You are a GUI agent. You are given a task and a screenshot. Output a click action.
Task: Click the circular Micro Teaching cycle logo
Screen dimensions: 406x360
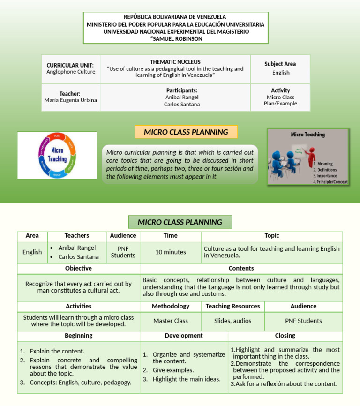tap(57, 155)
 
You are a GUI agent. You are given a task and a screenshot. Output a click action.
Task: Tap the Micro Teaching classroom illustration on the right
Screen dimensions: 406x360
tap(308, 157)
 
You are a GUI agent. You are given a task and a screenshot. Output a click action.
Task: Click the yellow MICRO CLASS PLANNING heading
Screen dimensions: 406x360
tap(186, 132)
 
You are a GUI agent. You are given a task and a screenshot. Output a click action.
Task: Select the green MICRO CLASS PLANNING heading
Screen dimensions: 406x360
tap(180, 222)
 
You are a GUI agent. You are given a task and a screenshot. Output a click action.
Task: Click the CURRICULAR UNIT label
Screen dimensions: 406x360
tap(70, 65)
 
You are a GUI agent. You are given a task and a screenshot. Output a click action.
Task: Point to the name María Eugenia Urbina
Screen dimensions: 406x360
tap(70, 100)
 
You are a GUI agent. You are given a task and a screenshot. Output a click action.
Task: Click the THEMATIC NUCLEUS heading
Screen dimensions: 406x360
tap(175, 62)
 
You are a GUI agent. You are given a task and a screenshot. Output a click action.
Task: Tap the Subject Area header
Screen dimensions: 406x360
tap(280, 64)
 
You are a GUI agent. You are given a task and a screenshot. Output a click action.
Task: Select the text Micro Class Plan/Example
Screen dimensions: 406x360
tap(280, 100)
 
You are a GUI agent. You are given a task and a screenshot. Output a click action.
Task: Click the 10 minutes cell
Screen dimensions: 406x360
tap(171, 252)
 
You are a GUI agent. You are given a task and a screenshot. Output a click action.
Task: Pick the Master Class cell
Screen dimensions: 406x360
tap(171, 321)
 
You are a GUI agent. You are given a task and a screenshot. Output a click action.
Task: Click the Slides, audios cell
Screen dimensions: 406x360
tap(232, 321)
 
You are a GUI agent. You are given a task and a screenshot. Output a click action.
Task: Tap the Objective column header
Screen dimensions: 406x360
tap(78, 269)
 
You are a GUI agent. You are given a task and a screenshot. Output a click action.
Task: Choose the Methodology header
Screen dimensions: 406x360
tap(171, 306)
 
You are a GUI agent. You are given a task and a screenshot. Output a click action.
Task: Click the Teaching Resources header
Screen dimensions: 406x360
tap(232, 306)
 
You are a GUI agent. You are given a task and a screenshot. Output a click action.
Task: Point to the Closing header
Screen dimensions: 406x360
tap(285, 336)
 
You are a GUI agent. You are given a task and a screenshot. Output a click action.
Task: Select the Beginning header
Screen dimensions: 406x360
tap(78, 336)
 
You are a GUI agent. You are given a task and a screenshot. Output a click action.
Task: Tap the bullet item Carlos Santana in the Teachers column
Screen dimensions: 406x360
tap(78, 257)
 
